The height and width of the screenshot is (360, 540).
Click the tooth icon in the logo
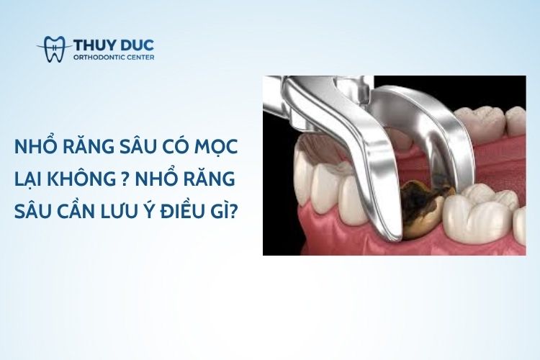click(x=55, y=48)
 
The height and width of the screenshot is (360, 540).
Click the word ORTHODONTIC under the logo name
click(x=101, y=58)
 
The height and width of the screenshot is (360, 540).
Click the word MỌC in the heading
click(x=219, y=147)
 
